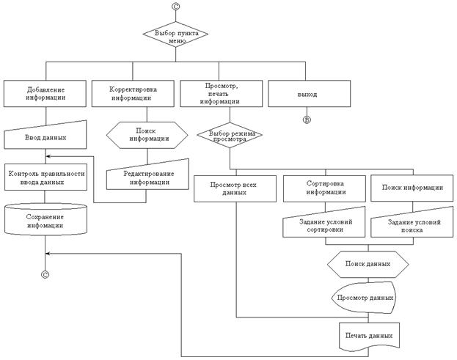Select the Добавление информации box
(x=45, y=92)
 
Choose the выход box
(x=307, y=92)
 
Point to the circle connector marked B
(x=307, y=119)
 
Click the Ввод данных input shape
(x=45, y=137)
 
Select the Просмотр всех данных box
(x=235, y=188)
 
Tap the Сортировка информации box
(x=324, y=188)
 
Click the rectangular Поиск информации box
(x=412, y=188)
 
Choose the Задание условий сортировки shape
(x=324, y=224)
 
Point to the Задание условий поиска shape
(x=412, y=225)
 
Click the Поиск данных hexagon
(x=368, y=262)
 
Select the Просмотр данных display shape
(x=365, y=298)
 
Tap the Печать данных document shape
(x=368, y=334)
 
